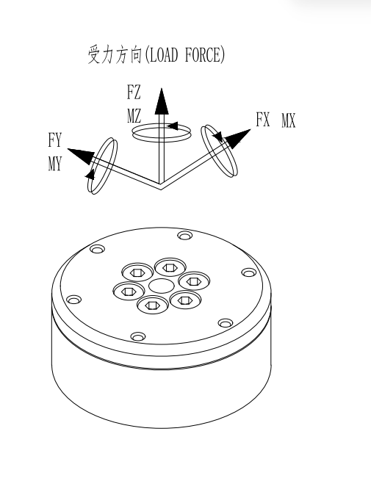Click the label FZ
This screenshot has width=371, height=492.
pyautogui.click(x=134, y=93)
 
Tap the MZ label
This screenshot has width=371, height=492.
pyautogui.click(x=134, y=115)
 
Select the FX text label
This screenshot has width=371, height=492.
pyautogui.click(x=263, y=120)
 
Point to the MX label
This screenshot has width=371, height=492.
pyautogui.click(x=288, y=120)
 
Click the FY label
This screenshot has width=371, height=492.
pyautogui.click(x=55, y=140)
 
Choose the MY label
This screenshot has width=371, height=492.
pyautogui.click(x=55, y=163)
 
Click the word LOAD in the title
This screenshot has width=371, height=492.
pyautogui.click(x=162, y=55)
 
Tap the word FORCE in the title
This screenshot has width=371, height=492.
pyautogui.click(x=203, y=55)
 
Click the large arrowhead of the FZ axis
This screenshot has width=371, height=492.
pyautogui.click(x=162, y=101)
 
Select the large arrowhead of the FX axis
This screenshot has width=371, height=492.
pyautogui.click(x=237, y=138)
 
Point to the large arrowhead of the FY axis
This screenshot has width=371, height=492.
pyautogui.click(x=82, y=156)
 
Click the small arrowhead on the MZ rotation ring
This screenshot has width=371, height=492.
pyautogui.click(x=173, y=126)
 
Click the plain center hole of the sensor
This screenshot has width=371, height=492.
pyautogui.click(x=162, y=286)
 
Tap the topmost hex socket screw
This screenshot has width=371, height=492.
pyautogui.click(x=170, y=267)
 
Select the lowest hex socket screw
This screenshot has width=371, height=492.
pyautogui.click(x=153, y=304)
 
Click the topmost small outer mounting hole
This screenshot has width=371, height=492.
pyautogui.click(x=185, y=235)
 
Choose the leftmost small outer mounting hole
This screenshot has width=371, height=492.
pyautogui.click(x=73, y=300)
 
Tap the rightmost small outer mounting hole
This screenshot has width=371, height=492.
pyautogui.click(x=248, y=272)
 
